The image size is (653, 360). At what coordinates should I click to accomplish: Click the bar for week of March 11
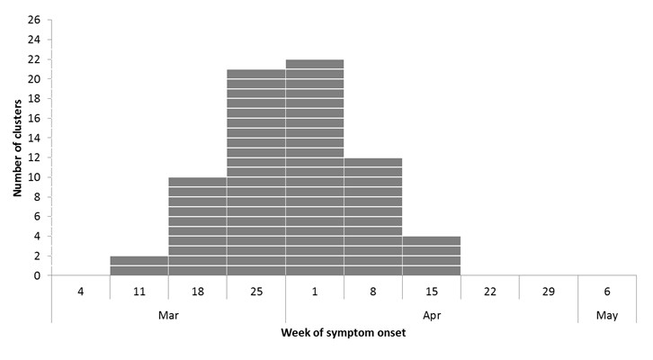(139, 265)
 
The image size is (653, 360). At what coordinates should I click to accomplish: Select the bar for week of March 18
(197, 227)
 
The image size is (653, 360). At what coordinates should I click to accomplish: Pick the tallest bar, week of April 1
(314, 167)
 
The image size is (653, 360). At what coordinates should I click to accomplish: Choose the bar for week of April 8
(372, 217)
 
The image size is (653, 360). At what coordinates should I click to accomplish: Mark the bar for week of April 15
(431, 256)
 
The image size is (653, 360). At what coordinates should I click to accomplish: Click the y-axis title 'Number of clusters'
(17, 148)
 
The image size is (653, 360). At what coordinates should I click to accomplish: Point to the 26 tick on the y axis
(34, 20)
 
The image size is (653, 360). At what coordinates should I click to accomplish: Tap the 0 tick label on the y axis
(37, 276)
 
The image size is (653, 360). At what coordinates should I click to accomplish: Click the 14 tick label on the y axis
(34, 138)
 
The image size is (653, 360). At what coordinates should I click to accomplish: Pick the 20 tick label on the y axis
(34, 79)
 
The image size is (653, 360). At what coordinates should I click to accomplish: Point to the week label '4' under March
(80, 292)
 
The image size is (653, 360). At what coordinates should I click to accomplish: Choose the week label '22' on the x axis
(489, 292)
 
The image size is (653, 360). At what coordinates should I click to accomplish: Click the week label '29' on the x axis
(548, 292)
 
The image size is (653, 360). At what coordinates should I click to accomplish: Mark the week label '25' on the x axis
(255, 292)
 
